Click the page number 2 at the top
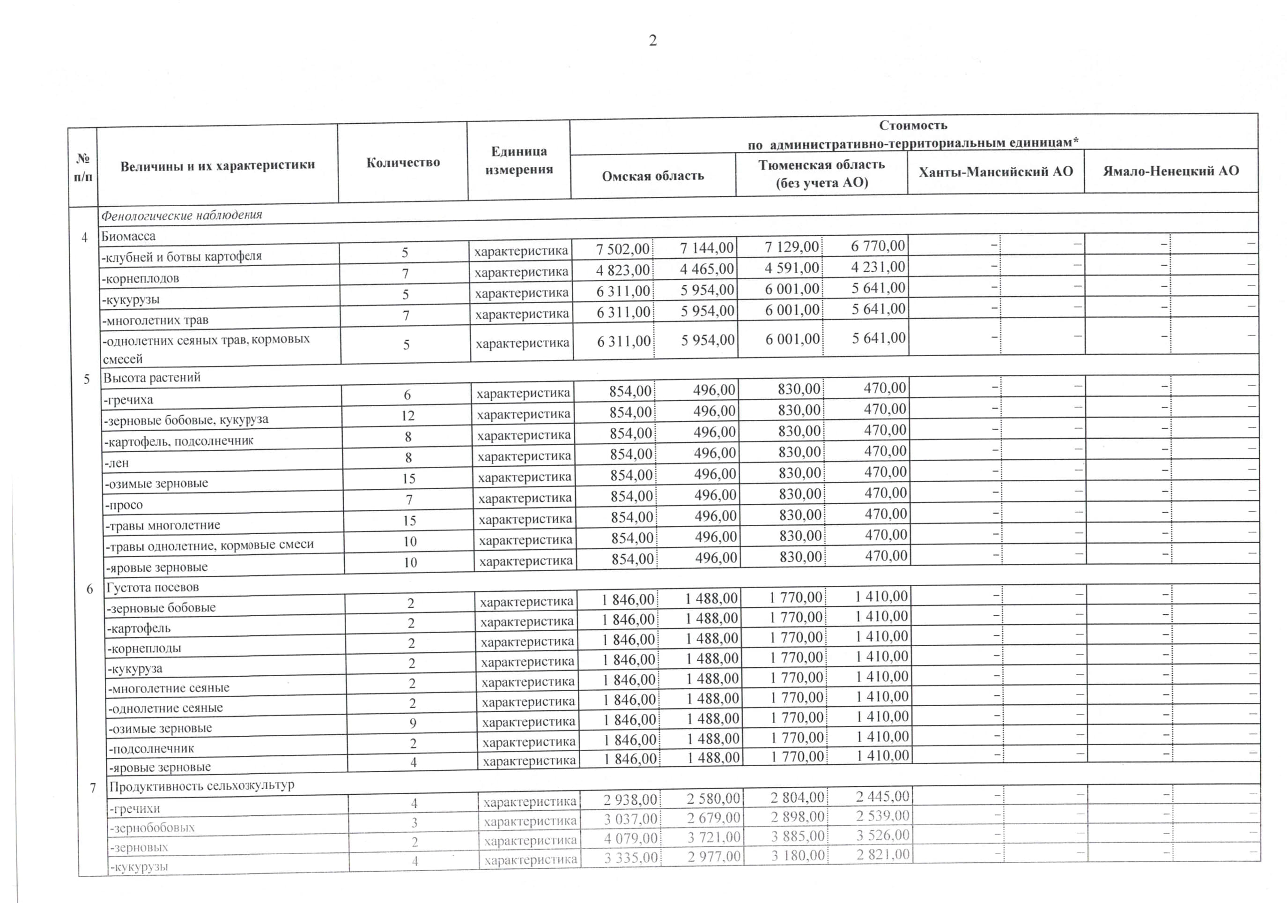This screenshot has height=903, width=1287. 652,40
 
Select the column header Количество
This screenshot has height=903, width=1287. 403,163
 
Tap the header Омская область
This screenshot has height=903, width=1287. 652,176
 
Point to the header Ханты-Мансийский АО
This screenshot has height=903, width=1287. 996,172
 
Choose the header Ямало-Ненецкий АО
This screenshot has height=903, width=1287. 1171,171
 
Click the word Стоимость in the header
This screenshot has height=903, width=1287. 913,125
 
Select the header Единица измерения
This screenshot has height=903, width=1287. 519,160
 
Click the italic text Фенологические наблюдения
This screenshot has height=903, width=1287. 182,215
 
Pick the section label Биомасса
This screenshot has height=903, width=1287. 128,236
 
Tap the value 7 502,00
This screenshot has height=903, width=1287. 623,248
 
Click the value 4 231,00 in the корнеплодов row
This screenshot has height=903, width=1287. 878,267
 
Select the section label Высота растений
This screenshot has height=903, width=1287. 152,378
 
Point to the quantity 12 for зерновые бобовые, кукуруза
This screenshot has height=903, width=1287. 407,416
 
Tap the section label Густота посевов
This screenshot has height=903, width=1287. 153,587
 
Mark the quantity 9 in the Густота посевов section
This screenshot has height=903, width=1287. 413,723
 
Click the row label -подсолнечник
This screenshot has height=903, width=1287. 151,749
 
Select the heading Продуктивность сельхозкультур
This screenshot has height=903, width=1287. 202,786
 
